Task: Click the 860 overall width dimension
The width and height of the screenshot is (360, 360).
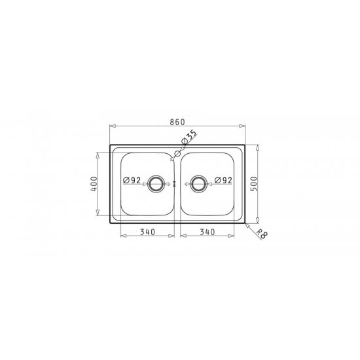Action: click(177, 122)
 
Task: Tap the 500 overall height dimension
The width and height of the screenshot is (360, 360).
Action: click(254, 184)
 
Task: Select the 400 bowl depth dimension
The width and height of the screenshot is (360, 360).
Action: click(94, 184)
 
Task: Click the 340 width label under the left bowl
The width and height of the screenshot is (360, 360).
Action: click(148, 232)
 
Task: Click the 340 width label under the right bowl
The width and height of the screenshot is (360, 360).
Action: click(207, 232)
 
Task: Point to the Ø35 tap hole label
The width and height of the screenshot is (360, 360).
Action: click(189, 137)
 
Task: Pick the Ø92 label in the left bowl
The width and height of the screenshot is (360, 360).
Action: click(132, 180)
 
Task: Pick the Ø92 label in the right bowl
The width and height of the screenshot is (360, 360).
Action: click(223, 180)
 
